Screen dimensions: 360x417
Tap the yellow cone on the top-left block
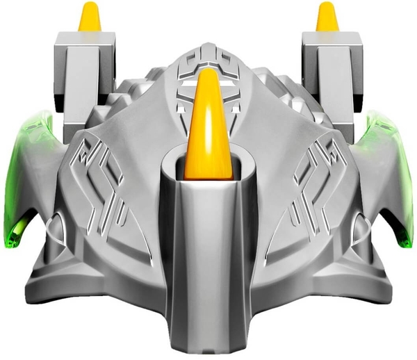[x=89, y=19]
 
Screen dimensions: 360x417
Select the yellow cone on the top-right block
[x=327, y=19]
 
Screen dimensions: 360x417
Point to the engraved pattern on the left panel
[x=104, y=181]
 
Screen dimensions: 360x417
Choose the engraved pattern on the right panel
[x=313, y=181]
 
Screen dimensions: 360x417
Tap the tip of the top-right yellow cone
[x=327, y=6]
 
